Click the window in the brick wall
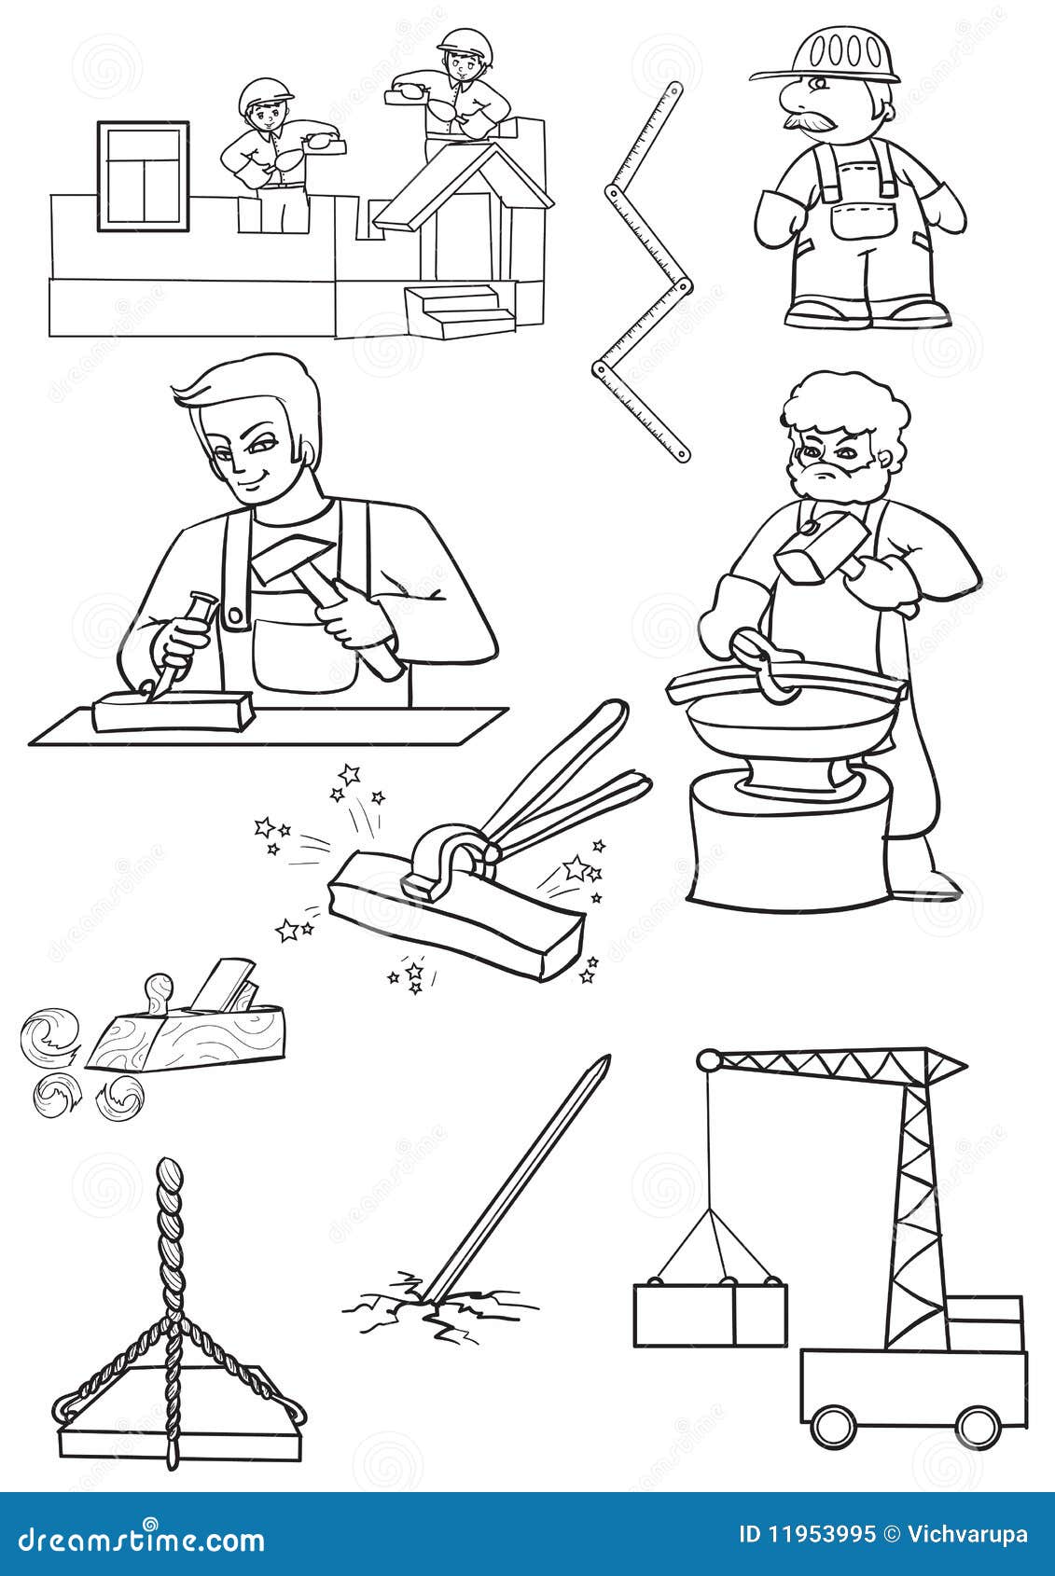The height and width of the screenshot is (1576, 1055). click(x=143, y=175)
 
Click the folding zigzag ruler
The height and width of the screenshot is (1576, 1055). click(x=644, y=270)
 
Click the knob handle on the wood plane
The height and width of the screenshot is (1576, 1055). click(x=160, y=988)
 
